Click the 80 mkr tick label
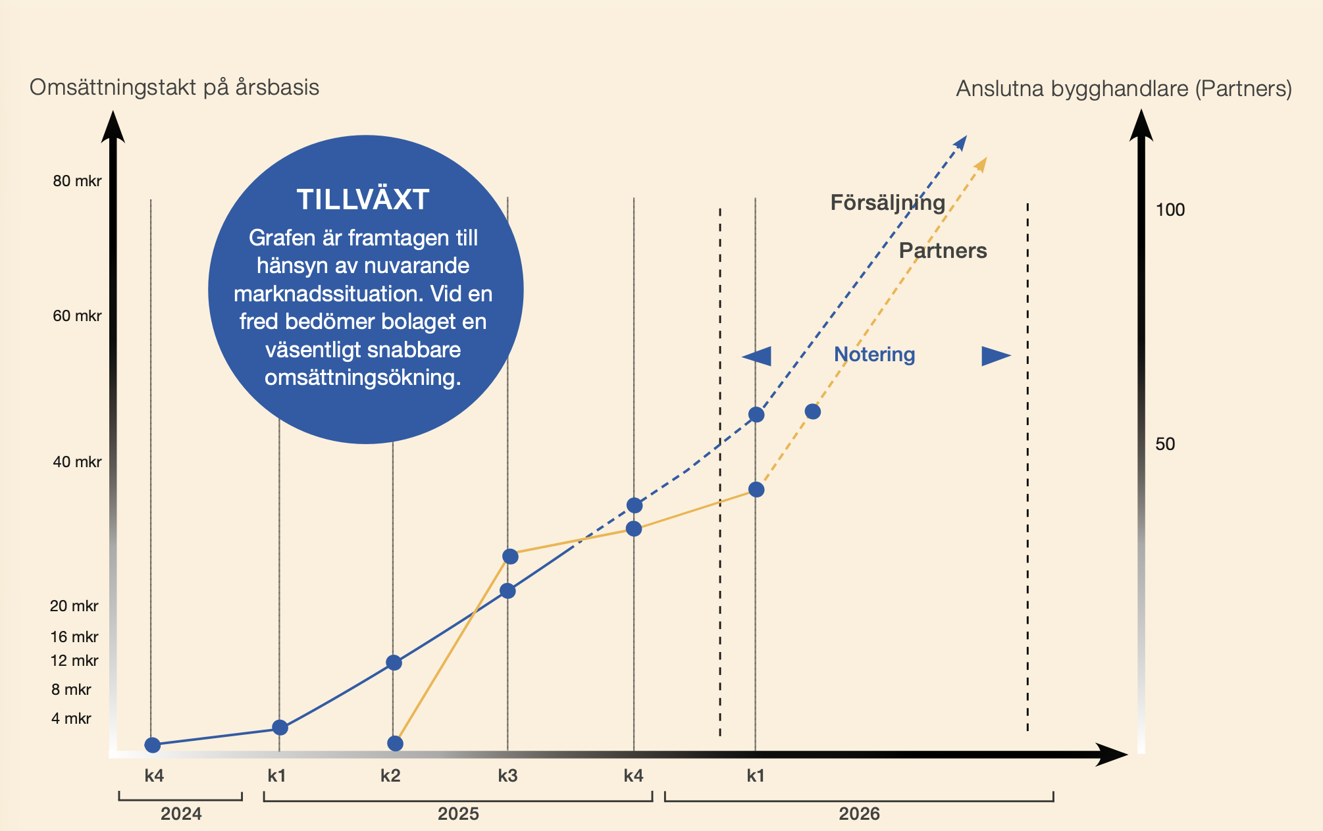coord(77,181)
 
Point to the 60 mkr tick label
coord(77,316)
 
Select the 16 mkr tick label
coord(74,637)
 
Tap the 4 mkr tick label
coord(71,718)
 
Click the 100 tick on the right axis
coord(1170,210)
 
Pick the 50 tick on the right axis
coord(1165,444)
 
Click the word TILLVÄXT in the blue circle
coord(363,200)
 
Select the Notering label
coord(874,355)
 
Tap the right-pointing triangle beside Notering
coord(995,356)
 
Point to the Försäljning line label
coord(887,203)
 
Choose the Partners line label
coord(943,251)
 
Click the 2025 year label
coord(458,814)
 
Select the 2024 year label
coord(181,814)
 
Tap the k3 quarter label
coord(507,776)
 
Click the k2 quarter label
coord(390,776)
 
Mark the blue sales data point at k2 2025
coord(394,663)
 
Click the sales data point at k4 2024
coord(153,745)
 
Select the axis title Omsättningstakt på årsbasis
coord(174,88)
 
